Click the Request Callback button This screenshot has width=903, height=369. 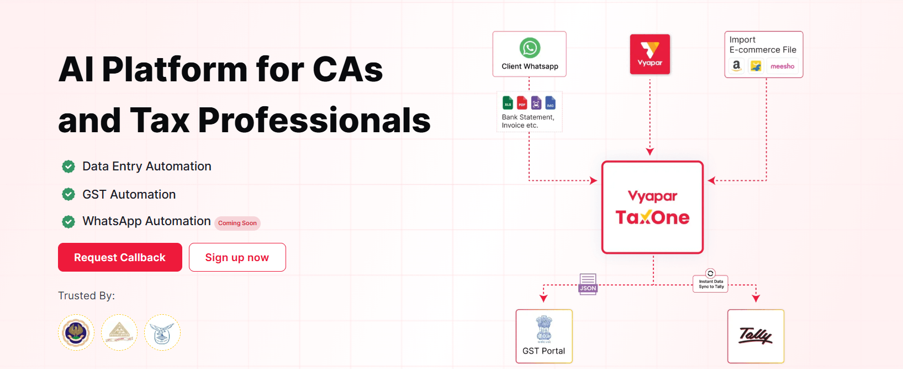pyautogui.click(x=120, y=257)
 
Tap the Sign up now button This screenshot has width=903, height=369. pyautogui.click(x=237, y=257)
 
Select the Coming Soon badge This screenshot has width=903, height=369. pyautogui.click(x=237, y=223)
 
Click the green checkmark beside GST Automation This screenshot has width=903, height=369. pyautogui.click(x=68, y=194)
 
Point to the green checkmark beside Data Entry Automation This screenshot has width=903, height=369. pyautogui.click(x=68, y=166)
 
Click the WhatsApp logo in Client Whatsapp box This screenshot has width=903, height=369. pyautogui.click(x=530, y=48)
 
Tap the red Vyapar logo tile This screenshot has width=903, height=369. pyautogui.click(x=650, y=54)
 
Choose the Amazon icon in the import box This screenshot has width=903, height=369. pyautogui.click(x=736, y=66)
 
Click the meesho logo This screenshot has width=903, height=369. pyautogui.click(x=782, y=66)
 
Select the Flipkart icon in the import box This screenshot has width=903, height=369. pyautogui.click(x=756, y=66)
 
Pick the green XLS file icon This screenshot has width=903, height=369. pyautogui.click(x=508, y=103)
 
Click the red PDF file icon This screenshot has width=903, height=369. pyautogui.click(x=522, y=103)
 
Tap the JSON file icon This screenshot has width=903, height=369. pyautogui.click(x=588, y=284)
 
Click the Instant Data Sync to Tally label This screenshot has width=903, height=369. pyautogui.click(x=711, y=284)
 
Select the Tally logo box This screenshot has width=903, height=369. pyautogui.click(x=756, y=336)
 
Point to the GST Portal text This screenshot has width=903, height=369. pyautogui.click(x=544, y=351)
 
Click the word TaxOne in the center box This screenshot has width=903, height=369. pyautogui.click(x=652, y=217)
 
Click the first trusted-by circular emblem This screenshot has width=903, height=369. pyautogui.click(x=76, y=332)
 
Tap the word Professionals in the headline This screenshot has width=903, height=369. pyautogui.click(x=314, y=120)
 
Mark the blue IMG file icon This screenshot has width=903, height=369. pyautogui.click(x=550, y=103)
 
